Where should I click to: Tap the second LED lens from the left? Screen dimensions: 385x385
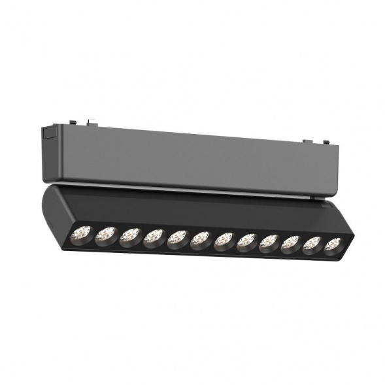coord(105,235)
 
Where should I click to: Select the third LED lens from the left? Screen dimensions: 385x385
coord(129,236)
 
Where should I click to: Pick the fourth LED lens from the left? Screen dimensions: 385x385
coord(154,237)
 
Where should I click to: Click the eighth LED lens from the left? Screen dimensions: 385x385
coord(246,243)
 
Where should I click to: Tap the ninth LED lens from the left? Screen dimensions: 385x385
coord(269,244)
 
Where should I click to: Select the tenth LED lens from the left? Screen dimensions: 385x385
coord(290,245)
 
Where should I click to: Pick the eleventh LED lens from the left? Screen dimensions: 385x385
coord(312,246)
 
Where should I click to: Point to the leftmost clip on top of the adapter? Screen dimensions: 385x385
coord(91,122)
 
